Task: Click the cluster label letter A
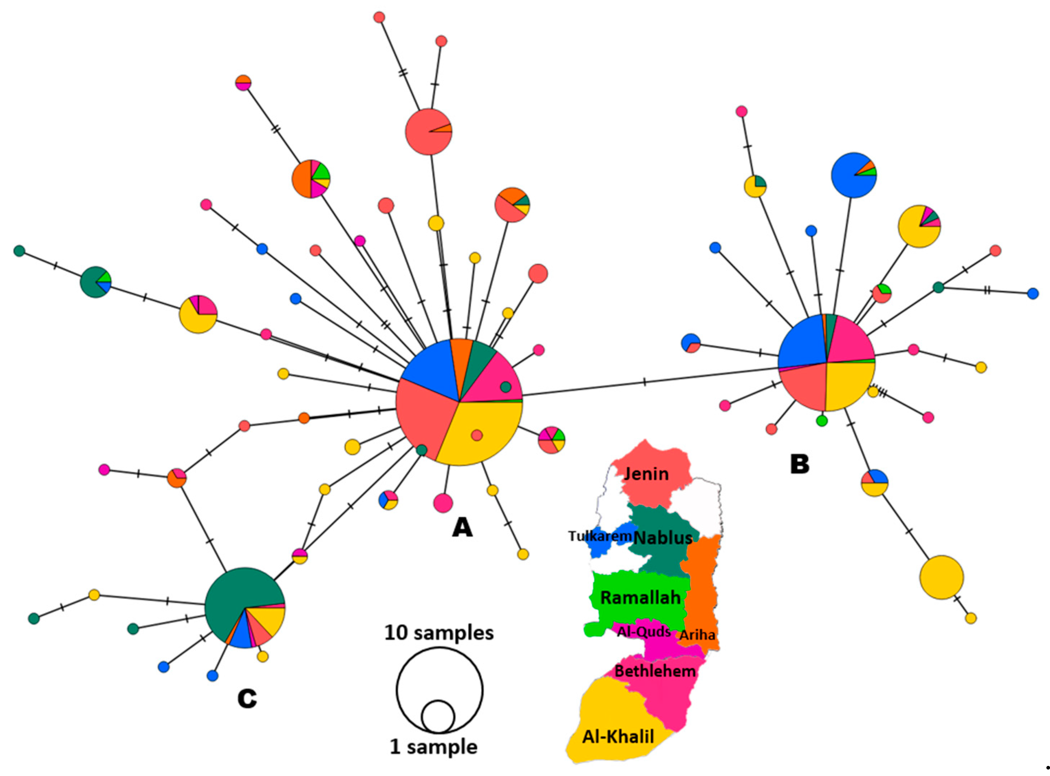click(x=462, y=528)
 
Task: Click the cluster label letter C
click(x=247, y=699)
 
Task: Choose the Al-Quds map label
click(x=643, y=632)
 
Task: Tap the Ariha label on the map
click(x=697, y=635)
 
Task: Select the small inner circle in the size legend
click(x=438, y=718)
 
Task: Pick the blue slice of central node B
click(x=800, y=343)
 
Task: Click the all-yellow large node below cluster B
click(x=941, y=577)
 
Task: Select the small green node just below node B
click(x=821, y=421)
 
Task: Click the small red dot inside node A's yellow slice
click(x=477, y=435)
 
